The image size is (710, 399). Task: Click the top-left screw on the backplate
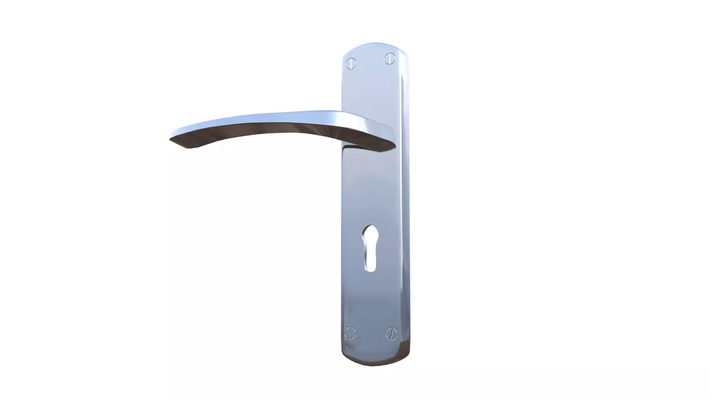(x=351, y=64)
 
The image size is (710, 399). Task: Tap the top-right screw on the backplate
(x=390, y=58)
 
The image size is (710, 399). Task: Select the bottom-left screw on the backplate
(x=350, y=333)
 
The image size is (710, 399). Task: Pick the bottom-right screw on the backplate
(x=391, y=334)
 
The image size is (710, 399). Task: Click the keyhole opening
(x=369, y=248)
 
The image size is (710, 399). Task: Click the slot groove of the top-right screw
(x=390, y=58)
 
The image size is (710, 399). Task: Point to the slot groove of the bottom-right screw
(x=391, y=334)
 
